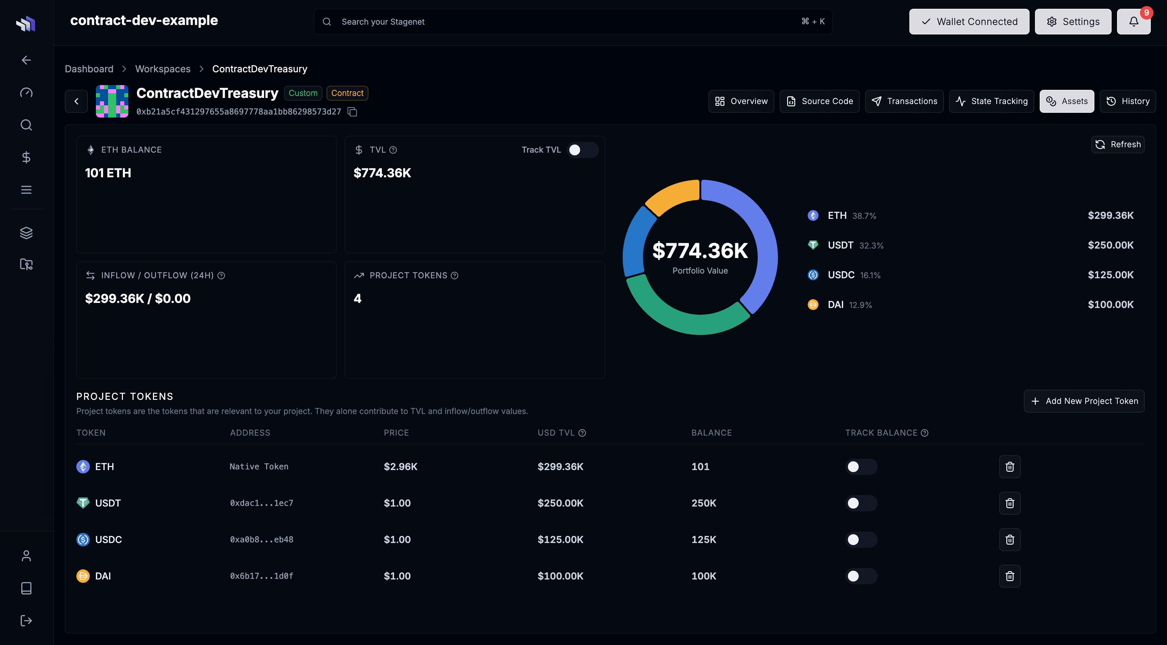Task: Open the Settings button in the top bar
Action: pyautogui.click(x=1072, y=22)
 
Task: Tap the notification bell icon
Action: pyautogui.click(x=1134, y=22)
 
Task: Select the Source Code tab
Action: pyautogui.click(x=819, y=101)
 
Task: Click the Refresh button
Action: pyautogui.click(x=1118, y=145)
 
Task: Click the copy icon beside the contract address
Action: pyautogui.click(x=353, y=112)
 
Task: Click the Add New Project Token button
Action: pyautogui.click(x=1084, y=401)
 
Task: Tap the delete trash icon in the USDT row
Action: pyautogui.click(x=1009, y=503)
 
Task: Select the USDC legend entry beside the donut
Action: pyautogui.click(x=841, y=275)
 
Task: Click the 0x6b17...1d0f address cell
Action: pyautogui.click(x=261, y=576)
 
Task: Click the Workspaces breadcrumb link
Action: pyautogui.click(x=163, y=69)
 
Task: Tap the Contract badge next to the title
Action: pyautogui.click(x=347, y=93)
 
